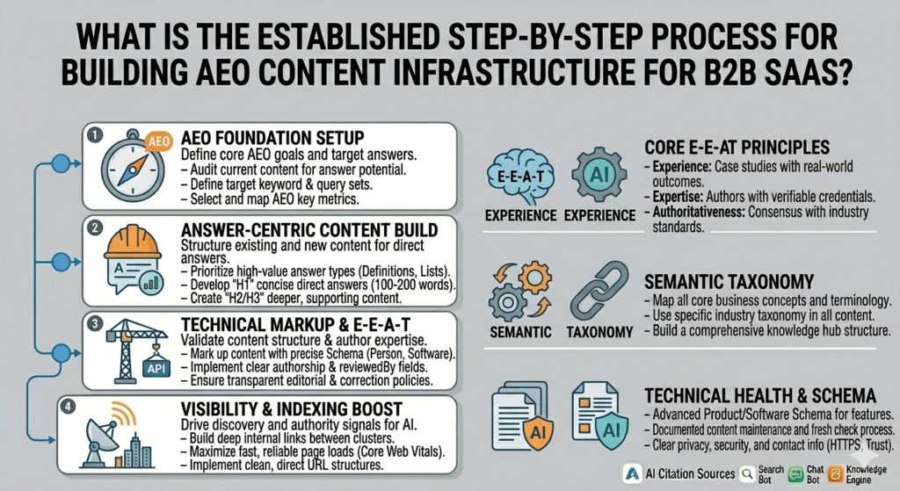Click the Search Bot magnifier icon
[746, 474]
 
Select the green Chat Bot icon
[794, 474]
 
